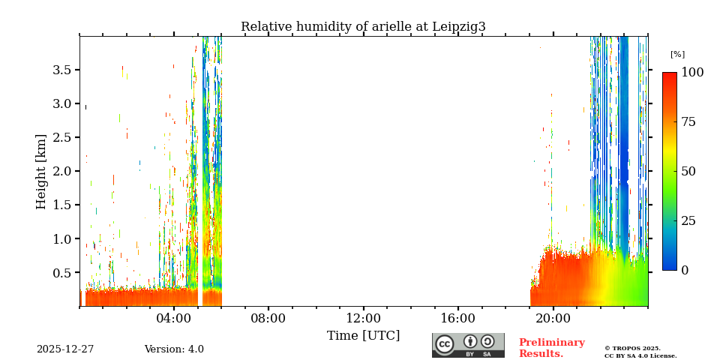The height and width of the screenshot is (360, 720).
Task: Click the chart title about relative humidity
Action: coord(363,27)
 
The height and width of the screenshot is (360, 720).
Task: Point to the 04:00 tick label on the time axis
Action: coord(174,318)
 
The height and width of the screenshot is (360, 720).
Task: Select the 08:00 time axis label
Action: coord(268,318)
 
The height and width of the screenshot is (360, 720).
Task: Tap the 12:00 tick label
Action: coord(364,318)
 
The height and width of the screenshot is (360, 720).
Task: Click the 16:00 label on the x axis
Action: coord(458,318)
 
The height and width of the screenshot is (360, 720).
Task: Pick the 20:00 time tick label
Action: coord(553,318)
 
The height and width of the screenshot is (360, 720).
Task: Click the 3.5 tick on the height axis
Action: coord(61,70)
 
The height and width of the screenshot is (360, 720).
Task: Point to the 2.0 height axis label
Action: coord(61,171)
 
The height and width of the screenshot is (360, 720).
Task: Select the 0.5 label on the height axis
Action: coord(61,273)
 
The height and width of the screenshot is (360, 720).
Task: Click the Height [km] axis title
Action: coord(42,171)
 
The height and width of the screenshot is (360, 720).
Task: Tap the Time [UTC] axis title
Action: coord(364,335)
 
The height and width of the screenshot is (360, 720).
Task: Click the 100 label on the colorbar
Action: coord(692,73)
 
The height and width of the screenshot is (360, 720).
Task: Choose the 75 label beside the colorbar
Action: coord(689,122)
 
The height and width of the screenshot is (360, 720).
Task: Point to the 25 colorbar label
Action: coord(689,221)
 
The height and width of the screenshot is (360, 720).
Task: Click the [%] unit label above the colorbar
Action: coord(677,55)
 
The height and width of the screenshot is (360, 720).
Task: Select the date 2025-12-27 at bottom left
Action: coord(65,349)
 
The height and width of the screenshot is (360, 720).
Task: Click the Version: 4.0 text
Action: coord(174,349)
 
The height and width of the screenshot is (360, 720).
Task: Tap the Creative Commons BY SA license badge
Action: coord(468,345)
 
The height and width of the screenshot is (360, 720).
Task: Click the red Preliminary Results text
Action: coord(551,348)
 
